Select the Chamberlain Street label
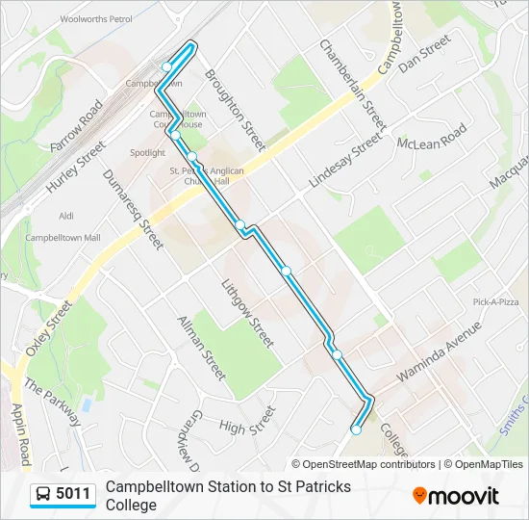353,85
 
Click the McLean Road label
432,136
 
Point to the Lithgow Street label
248,313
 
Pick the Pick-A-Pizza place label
495,301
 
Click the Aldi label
66,216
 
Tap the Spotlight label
147,152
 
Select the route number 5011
73,495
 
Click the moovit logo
456,496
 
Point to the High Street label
246,420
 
